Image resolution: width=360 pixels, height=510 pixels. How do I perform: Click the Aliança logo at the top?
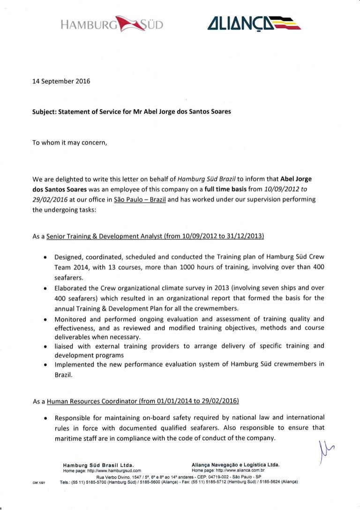coord(253,23)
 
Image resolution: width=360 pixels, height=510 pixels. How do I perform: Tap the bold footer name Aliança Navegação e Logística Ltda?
coord(236,465)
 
